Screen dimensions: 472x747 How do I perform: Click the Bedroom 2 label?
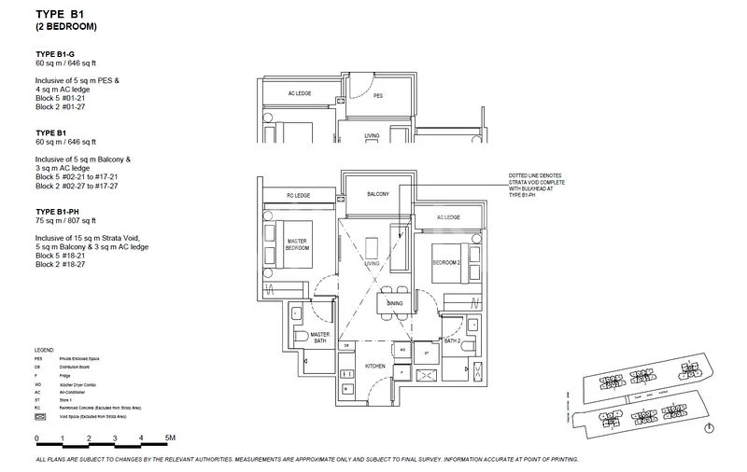pos(446,263)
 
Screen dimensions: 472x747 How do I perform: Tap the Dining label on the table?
pos(396,304)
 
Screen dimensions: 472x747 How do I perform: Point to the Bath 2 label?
pos(454,342)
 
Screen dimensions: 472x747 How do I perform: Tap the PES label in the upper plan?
pos(378,95)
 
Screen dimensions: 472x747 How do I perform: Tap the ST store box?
pos(426,354)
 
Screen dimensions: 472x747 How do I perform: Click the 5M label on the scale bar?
pos(169,437)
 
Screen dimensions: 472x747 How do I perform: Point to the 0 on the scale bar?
pos(36,437)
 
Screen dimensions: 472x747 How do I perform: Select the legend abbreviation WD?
pos(38,382)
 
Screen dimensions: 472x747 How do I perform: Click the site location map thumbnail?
pos(644,400)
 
